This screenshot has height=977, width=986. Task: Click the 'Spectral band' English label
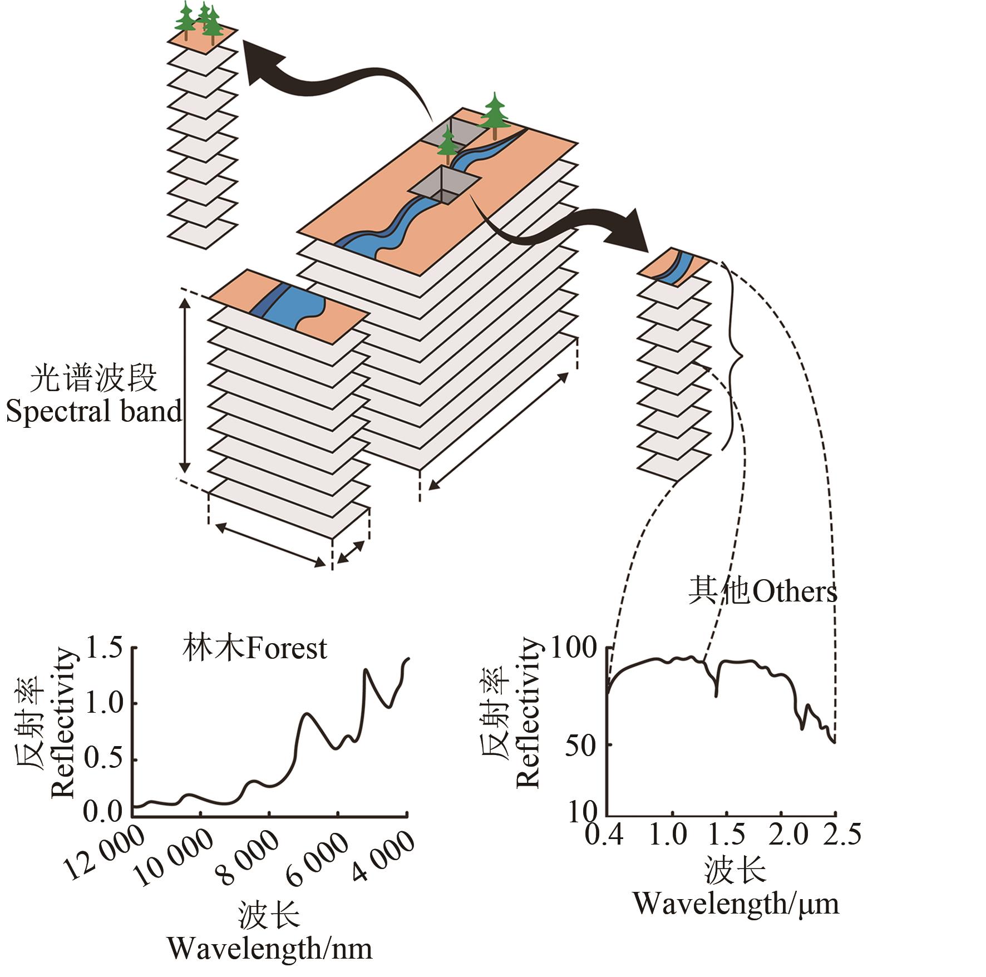coord(93,411)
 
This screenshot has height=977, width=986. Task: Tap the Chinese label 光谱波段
coord(93,379)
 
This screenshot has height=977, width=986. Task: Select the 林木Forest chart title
coord(254,648)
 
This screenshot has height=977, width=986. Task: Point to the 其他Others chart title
coord(762,591)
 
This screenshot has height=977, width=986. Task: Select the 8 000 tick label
coord(249,858)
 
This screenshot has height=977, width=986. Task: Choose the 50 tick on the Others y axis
coord(580,745)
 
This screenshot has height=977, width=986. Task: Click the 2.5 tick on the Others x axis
coord(841,835)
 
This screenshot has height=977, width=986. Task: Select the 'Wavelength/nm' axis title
coord(270,948)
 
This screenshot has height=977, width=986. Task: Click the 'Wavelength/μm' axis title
coord(736,904)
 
